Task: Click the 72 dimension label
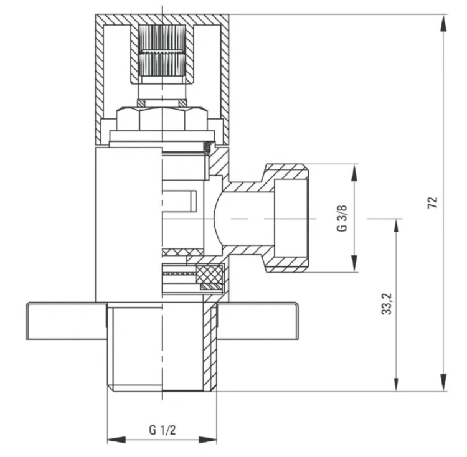click(x=433, y=202)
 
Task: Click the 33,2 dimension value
click(x=387, y=304)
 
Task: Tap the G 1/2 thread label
click(x=163, y=430)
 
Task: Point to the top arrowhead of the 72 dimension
click(x=444, y=23)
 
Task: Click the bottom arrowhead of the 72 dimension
click(x=444, y=382)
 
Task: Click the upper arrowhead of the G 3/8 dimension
click(x=354, y=172)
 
